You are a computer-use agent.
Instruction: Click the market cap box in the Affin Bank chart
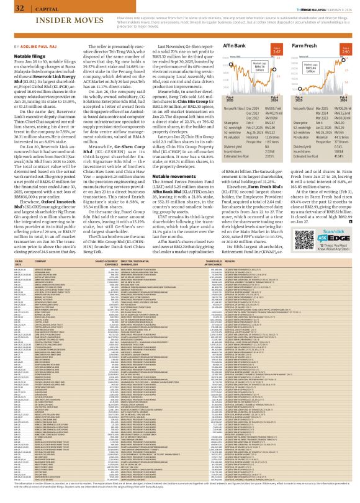[x=228, y=70]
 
